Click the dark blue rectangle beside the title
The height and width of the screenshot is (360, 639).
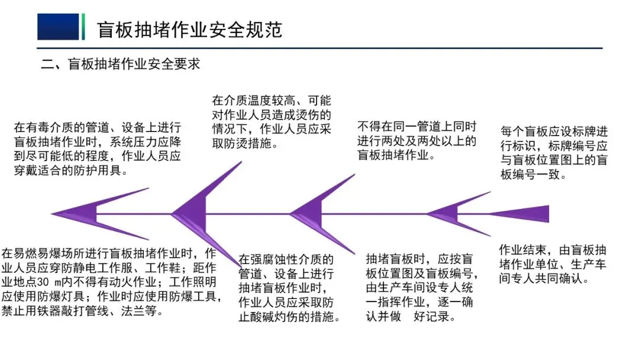pyautogui.click(x=58, y=27)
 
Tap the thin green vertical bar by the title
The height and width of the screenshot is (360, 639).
pyautogui.click(x=83, y=27)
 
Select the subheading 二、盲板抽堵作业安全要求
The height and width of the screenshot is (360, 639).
pyautogui.click(x=121, y=63)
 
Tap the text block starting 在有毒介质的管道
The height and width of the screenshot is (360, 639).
pyautogui.click(x=98, y=149)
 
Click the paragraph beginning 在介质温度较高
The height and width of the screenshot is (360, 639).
pyautogui.click(x=272, y=121)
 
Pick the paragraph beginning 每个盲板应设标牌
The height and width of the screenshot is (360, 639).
pyautogui.click(x=554, y=153)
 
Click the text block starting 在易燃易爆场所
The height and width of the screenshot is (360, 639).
pyautogui.click(x=112, y=282)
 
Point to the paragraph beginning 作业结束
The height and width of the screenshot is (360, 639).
pyautogui.click(x=553, y=263)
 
